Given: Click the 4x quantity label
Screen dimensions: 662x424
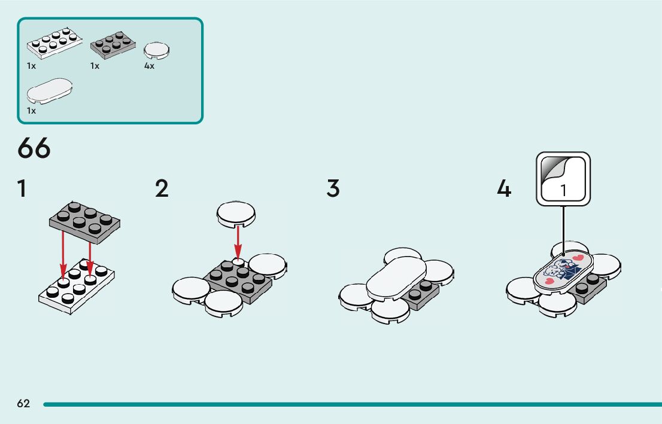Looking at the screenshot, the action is [149, 66].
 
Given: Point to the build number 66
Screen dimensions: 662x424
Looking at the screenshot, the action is [34, 148].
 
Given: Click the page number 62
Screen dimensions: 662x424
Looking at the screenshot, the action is [23, 404].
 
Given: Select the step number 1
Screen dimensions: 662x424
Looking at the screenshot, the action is [22, 188].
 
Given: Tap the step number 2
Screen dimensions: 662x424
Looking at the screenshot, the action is [162, 188].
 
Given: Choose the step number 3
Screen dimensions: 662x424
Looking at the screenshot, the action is [333, 188].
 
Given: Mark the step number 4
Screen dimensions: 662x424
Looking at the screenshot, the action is [504, 190].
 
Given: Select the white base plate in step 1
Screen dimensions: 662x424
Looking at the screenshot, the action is [76, 288].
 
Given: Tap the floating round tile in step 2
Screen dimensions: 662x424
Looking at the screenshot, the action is [236, 213].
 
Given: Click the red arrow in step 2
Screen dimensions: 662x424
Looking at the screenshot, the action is [238, 242].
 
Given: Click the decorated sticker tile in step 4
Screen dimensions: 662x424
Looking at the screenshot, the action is [562, 270].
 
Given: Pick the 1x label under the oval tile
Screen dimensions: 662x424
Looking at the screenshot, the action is [31, 111].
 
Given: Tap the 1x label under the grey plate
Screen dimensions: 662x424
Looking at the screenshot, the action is [95, 66].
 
